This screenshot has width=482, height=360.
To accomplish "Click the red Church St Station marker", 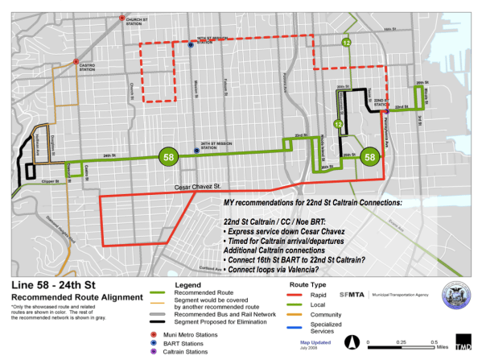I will (120, 18).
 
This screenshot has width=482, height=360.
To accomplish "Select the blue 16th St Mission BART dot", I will (190, 46).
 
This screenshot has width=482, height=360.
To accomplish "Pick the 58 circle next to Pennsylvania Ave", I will (369, 157).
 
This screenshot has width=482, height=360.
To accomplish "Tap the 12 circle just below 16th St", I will (347, 43).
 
